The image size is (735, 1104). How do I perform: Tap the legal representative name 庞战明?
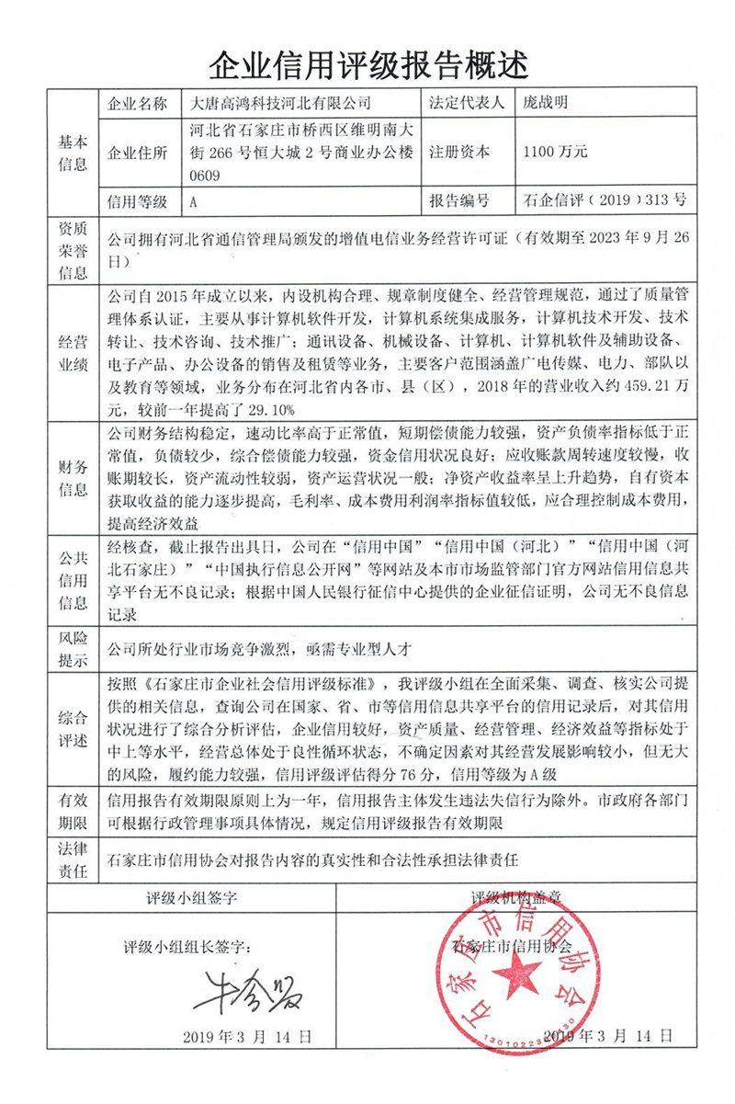(545, 102)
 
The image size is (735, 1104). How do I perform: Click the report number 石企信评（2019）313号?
(604, 199)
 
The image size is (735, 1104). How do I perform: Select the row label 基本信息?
(73, 152)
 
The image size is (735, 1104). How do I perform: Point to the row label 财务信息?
(73, 476)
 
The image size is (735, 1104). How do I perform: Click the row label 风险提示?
(73, 649)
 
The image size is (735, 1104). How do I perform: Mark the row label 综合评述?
(73, 726)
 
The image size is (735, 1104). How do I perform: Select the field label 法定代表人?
(466, 102)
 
